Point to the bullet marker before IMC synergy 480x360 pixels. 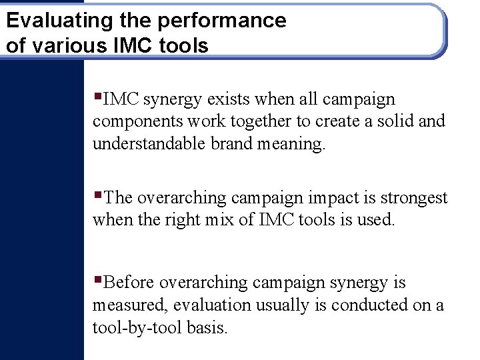(97, 97)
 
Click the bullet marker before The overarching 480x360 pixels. (97, 195)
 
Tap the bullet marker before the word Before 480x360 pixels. (97, 279)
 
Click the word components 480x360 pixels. (135, 122)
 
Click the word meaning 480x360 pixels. (294, 145)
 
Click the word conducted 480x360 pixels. (369, 305)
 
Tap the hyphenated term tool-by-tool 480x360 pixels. (137, 328)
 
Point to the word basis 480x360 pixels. (207, 327)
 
